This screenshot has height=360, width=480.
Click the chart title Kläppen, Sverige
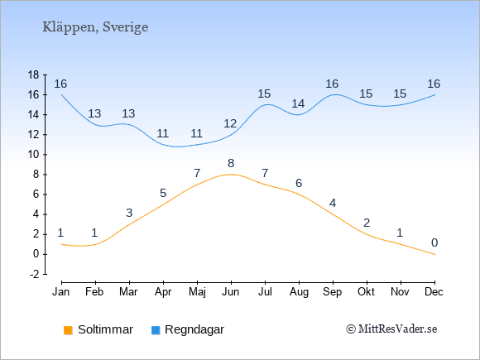coord(95,27)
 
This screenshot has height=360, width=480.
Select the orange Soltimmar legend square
coord(68,330)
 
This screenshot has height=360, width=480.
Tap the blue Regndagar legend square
coord(156,330)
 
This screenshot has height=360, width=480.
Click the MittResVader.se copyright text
coord(391,329)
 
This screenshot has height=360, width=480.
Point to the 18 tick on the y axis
coord(33,74)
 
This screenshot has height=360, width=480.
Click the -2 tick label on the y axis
coord(34,274)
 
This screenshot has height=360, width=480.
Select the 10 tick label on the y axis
coord(33,155)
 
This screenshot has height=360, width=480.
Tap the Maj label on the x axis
coord(197,292)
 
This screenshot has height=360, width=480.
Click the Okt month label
coord(366,292)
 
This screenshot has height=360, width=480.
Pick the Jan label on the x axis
coord(61,292)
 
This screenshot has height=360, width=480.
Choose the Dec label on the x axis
coord(434,292)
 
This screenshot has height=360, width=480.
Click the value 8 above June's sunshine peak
coord(231,164)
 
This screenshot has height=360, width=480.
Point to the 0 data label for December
coord(434,242)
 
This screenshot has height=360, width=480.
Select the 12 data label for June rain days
coord(230,123)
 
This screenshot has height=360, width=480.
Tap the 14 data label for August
coord(298,103)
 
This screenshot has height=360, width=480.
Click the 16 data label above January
coord(60,84)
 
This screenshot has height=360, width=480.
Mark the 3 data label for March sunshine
coord(129,213)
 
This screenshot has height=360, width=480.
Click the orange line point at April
coord(164,204)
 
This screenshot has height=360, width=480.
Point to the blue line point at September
coord(333,95)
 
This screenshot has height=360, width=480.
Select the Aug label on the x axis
coord(299,292)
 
